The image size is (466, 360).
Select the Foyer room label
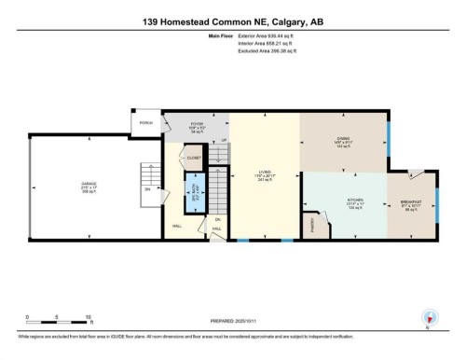point(196,127)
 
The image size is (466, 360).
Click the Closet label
point(194,159)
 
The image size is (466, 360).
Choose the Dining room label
point(343,142)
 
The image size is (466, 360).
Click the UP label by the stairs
point(223,141)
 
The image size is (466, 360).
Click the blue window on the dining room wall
point(390,136)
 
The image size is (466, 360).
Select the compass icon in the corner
point(430,318)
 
